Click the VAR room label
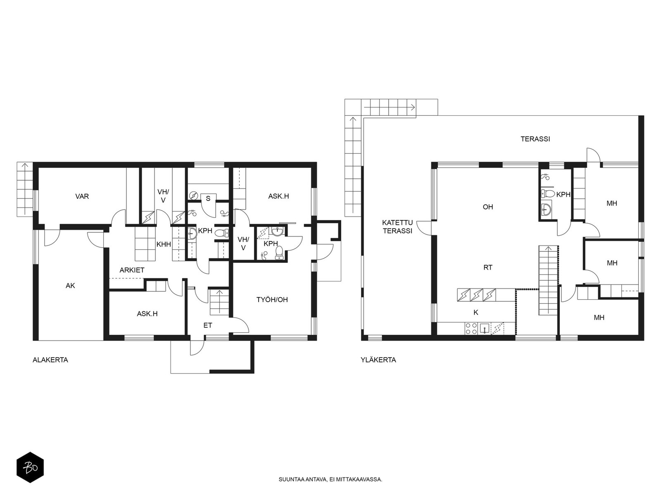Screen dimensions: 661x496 82,196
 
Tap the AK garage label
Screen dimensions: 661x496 70,286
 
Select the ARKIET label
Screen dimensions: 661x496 132,270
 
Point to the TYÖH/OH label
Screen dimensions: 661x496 272,300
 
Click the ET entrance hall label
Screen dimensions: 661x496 208,325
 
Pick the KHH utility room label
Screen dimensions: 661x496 164,244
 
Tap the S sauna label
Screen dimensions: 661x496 208,198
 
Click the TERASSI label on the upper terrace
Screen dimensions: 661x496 535,139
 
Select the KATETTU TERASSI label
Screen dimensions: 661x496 397,227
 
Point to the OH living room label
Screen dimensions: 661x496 488,207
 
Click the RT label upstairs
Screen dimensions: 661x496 488,267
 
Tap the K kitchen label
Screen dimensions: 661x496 476,312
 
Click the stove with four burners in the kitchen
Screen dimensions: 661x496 471,328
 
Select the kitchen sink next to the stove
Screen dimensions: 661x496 484,328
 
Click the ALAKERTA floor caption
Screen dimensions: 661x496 50,360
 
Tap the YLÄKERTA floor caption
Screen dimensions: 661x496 378,360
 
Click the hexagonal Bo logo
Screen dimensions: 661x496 30,468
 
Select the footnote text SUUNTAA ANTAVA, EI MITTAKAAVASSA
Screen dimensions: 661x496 330,479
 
